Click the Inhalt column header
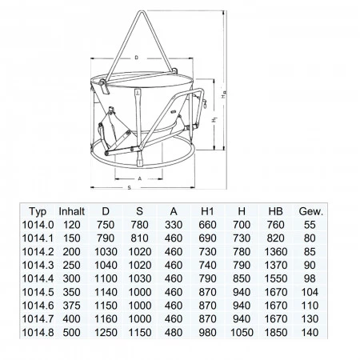point(71,211)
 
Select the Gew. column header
point(311,211)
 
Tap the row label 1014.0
point(38,225)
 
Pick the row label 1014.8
point(38,333)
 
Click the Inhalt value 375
point(71,306)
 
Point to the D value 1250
point(106,333)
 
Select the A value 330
point(174,225)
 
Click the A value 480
point(174,333)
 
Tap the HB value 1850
point(276,333)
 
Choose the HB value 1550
point(276,278)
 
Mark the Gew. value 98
point(310,278)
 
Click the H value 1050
point(242,333)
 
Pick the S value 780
point(139,225)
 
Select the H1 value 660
point(207,225)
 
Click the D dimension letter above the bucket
point(137,58)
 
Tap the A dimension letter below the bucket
point(139,178)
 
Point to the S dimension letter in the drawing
point(130,188)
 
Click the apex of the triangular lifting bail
point(142,11)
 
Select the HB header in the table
point(275,211)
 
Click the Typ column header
point(38,212)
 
